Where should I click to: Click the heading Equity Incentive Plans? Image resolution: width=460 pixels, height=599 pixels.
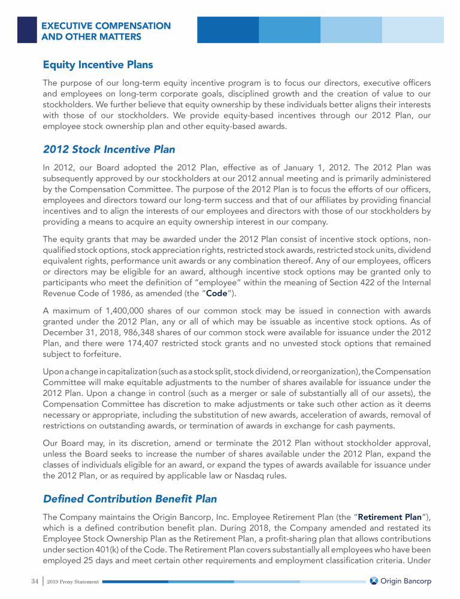click(x=98, y=65)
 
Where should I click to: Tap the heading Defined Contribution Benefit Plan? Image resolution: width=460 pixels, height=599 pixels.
click(x=130, y=498)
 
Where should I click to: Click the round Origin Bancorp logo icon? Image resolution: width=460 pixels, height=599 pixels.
click(x=374, y=581)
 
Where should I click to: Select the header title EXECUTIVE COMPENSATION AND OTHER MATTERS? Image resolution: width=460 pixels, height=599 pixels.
click(x=105, y=32)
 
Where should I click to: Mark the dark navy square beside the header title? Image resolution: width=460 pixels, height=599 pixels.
click(x=26, y=29)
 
